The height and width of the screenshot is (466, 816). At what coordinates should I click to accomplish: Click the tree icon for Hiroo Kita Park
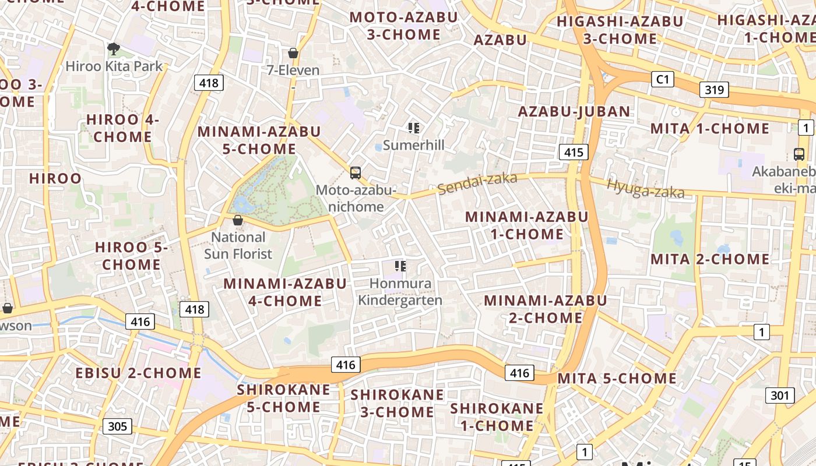pyautogui.click(x=113, y=49)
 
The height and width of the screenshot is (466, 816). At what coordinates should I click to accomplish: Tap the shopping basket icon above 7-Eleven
pyautogui.click(x=293, y=54)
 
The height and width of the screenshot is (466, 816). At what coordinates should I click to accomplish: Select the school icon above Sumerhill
pyautogui.click(x=414, y=128)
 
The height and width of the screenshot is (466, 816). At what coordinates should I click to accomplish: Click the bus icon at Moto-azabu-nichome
pyautogui.click(x=356, y=173)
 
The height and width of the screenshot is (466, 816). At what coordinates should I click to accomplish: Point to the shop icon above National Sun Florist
pyautogui.click(x=237, y=220)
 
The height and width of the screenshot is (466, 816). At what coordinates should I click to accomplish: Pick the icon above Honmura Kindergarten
pyautogui.click(x=400, y=266)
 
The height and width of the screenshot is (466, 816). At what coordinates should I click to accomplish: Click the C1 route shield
pyautogui.click(x=662, y=79)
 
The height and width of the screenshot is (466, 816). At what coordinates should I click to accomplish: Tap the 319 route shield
pyautogui.click(x=713, y=89)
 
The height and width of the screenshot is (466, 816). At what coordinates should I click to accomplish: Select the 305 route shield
pyautogui.click(x=117, y=426)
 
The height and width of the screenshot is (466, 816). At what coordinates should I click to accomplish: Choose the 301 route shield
pyautogui.click(x=779, y=396)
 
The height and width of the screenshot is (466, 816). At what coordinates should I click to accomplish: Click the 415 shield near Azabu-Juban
pyautogui.click(x=574, y=153)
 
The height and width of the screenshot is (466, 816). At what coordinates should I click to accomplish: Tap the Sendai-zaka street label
pyautogui.click(x=477, y=183)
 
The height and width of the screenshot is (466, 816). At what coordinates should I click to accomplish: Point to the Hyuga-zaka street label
pyautogui.click(x=645, y=188)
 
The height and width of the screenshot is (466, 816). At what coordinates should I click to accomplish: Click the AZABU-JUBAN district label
pyautogui.click(x=574, y=111)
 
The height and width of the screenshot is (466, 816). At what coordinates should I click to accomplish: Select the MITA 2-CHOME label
pyautogui.click(x=710, y=259)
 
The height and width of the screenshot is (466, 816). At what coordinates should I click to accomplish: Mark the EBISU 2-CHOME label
pyautogui.click(x=138, y=373)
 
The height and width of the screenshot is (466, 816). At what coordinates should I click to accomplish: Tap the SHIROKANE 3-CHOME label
pyautogui.click(x=397, y=403)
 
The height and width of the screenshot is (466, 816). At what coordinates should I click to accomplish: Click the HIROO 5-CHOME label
pyautogui.click(x=131, y=256)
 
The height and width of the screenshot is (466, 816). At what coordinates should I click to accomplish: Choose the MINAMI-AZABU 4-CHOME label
pyautogui.click(x=285, y=292)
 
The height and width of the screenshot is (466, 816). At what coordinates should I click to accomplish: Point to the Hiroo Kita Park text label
pyautogui.click(x=114, y=66)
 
